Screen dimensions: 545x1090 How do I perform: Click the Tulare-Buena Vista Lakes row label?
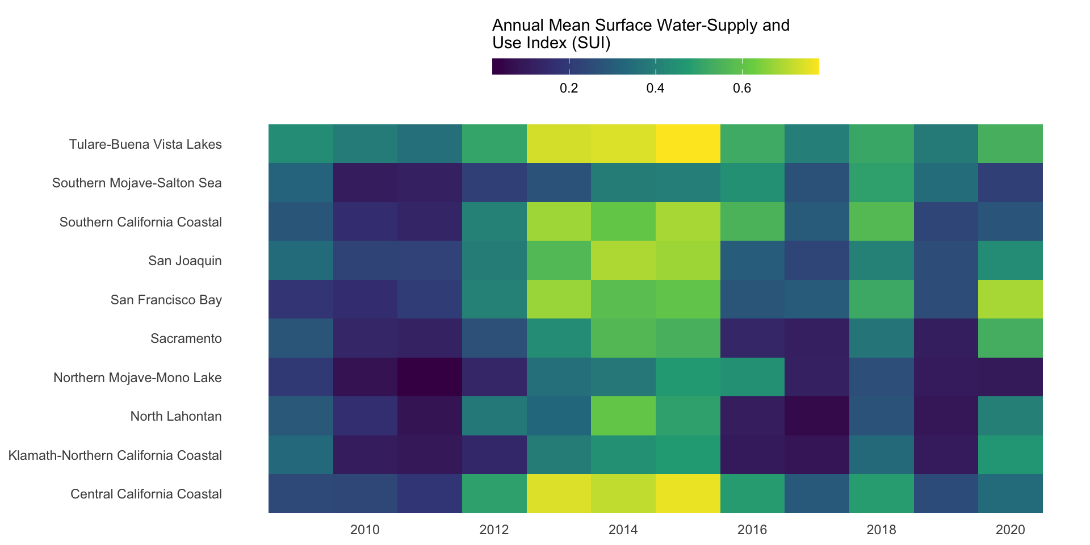(x=145, y=144)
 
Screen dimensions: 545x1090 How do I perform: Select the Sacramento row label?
(x=186, y=339)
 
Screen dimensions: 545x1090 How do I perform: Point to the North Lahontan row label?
(x=176, y=417)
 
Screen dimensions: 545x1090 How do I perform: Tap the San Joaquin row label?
(x=185, y=261)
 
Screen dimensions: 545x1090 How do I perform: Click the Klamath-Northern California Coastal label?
(x=115, y=455)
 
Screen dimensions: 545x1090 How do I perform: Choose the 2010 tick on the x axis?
(x=365, y=530)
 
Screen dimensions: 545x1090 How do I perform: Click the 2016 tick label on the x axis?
(x=752, y=530)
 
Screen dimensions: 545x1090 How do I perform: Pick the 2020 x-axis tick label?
(x=1011, y=530)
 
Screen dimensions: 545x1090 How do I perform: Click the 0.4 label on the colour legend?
(x=656, y=89)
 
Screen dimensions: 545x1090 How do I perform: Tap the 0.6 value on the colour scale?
(x=742, y=89)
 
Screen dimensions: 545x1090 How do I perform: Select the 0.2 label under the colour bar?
(x=569, y=89)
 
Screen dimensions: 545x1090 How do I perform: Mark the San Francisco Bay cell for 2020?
(x=1011, y=299)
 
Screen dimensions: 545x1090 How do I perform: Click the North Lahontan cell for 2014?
(x=623, y=416)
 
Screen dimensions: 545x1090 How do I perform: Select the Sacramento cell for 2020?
(x=1011, y=338)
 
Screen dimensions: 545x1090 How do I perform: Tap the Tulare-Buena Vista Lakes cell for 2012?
(x=494, y=144)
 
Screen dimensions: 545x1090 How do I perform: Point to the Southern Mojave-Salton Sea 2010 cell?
(x=365, y=183)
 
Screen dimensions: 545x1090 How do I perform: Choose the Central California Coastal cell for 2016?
(x=752, y=494)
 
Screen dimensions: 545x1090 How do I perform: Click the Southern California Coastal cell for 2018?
(x=882, y=221)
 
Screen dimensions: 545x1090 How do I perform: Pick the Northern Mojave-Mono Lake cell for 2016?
(x=752, y=377)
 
